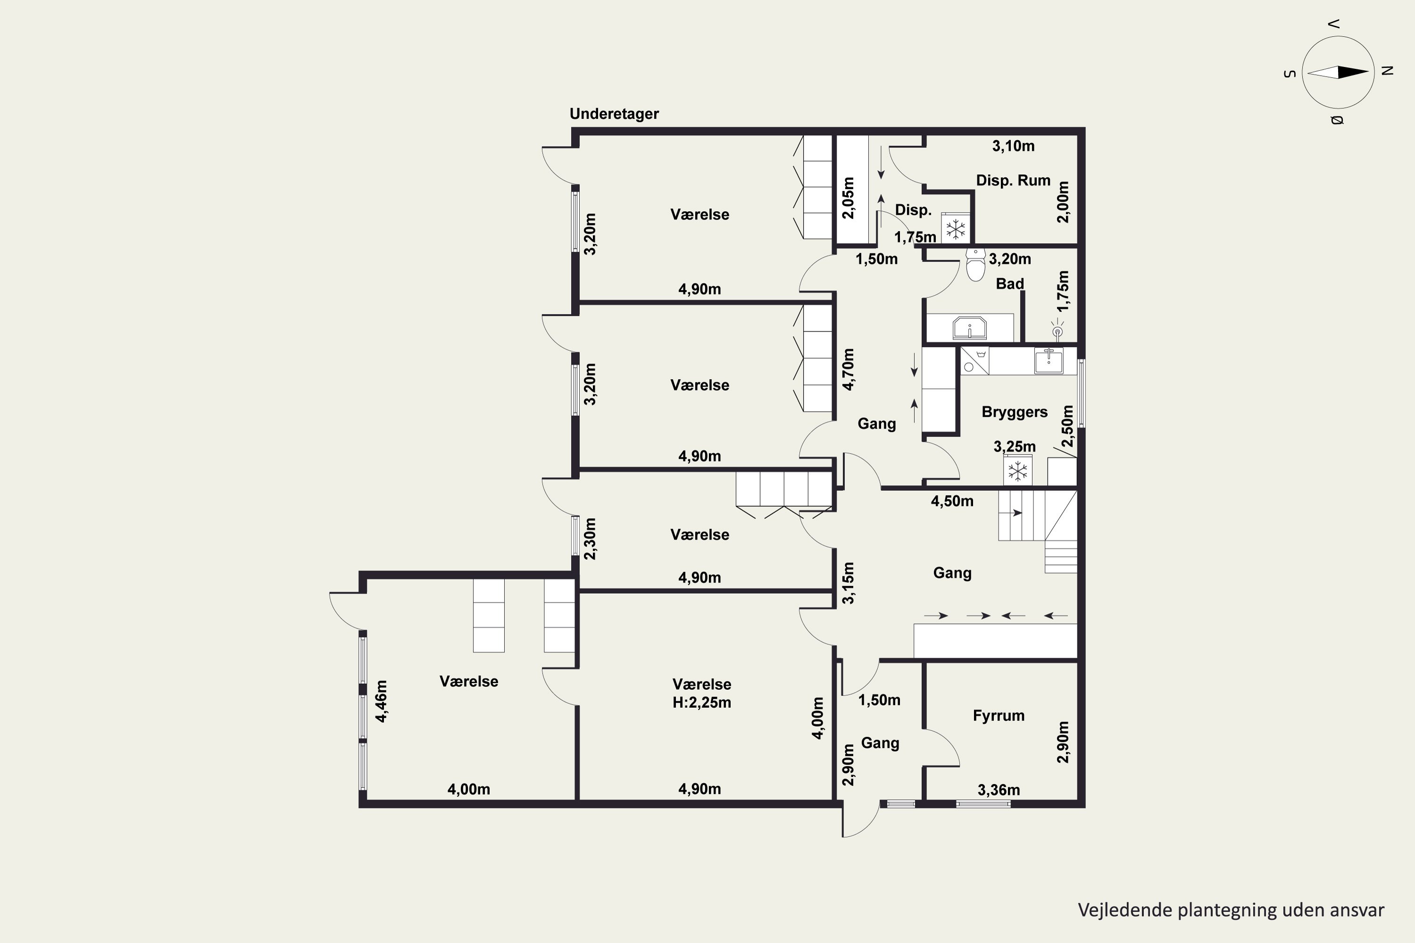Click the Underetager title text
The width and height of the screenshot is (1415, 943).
click(614, 114)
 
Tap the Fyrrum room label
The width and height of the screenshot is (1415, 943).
click(998, 716)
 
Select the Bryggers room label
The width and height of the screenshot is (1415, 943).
click(1015, 412)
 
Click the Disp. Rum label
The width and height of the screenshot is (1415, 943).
click(1013, 181)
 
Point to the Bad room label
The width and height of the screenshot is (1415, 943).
click(1009, 283)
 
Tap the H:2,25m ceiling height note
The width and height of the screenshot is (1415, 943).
click(701, 703)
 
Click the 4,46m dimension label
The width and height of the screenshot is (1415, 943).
click(382, 701)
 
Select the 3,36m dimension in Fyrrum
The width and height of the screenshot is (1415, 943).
click(999, 790)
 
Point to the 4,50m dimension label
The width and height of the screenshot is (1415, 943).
click(952, 501)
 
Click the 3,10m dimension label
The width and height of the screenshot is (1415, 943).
click(1013, 146)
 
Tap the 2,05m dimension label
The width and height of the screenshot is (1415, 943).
click(848, 198)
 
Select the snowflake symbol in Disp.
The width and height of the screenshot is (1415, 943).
click(956, 229)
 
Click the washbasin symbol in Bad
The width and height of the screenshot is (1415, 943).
click(970, 328)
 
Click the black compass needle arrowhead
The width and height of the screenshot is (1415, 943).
click(1354, 73)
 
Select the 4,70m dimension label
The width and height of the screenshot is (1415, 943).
click(848, 369)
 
